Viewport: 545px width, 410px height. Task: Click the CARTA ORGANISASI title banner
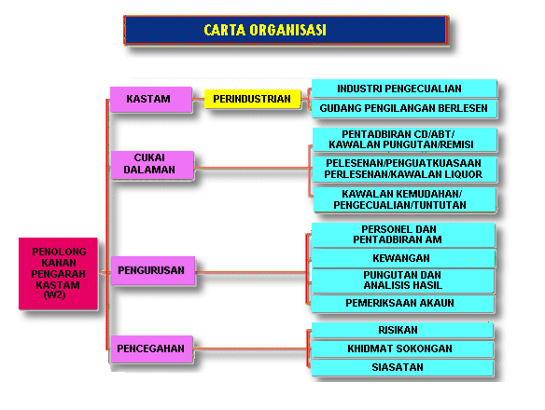point(286,30)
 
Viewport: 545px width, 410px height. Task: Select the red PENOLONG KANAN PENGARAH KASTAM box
point(58,274)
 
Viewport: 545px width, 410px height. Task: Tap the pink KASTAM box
point(151,100)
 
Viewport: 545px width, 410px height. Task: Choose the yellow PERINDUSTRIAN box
point(252,99)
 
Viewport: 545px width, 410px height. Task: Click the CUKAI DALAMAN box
point(152,165)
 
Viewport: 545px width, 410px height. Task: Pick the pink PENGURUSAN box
point(153,270)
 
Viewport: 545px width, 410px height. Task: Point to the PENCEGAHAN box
point(151,348)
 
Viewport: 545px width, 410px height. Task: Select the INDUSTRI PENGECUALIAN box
point(404,89)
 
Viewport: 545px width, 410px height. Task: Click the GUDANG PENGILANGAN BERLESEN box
point(404,109)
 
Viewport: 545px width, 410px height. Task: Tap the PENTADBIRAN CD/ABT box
point(405,140)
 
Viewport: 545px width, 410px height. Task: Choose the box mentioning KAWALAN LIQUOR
point(405,169)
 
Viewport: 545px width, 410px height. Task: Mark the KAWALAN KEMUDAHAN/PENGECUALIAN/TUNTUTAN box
point(405,199)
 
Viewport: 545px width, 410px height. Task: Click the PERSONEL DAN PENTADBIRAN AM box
point(403,235)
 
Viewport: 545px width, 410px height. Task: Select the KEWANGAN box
point(403,258)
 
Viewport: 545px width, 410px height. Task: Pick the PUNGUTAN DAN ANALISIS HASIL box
point(403,280)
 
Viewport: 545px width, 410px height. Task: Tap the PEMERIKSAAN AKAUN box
point(402,304)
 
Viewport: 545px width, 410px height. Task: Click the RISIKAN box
point(402,330)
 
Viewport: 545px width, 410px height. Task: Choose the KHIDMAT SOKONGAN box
point(402,348)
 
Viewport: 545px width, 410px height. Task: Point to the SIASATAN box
point(402,368)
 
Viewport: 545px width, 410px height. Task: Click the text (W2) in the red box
point(54,295)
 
